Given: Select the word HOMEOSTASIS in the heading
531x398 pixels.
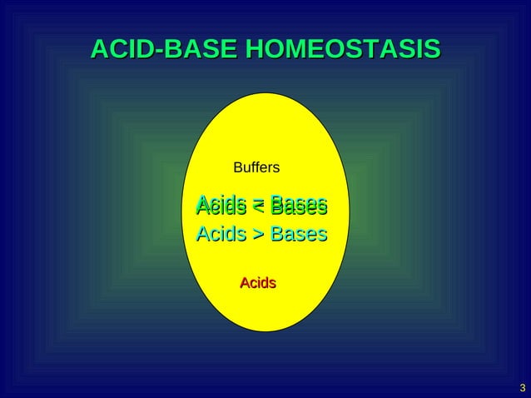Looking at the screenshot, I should (x=340, y=50).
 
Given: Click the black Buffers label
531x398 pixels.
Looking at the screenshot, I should (x=256, y=168).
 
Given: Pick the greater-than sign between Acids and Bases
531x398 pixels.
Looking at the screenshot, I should (x=259, y=235).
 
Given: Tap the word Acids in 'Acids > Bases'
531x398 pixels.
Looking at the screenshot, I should (x=221, y=234).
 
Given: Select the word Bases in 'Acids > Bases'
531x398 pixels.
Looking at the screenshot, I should (x=299, y=234).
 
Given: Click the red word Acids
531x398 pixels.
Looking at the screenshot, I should (x=258, y=284).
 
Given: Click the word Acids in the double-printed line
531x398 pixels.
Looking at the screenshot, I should (x=221, y=205).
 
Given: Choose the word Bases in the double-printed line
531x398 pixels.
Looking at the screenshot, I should (x=299, y=205).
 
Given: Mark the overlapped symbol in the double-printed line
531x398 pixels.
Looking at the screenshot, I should (x=259, y=206).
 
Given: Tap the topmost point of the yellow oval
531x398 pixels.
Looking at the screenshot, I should (x=265, y=92).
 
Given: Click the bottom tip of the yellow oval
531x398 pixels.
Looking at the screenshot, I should (x=265, y=331).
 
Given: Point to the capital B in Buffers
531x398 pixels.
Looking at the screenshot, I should (x=238, y=168).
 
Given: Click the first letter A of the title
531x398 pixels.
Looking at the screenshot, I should (x=98, y=50).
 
